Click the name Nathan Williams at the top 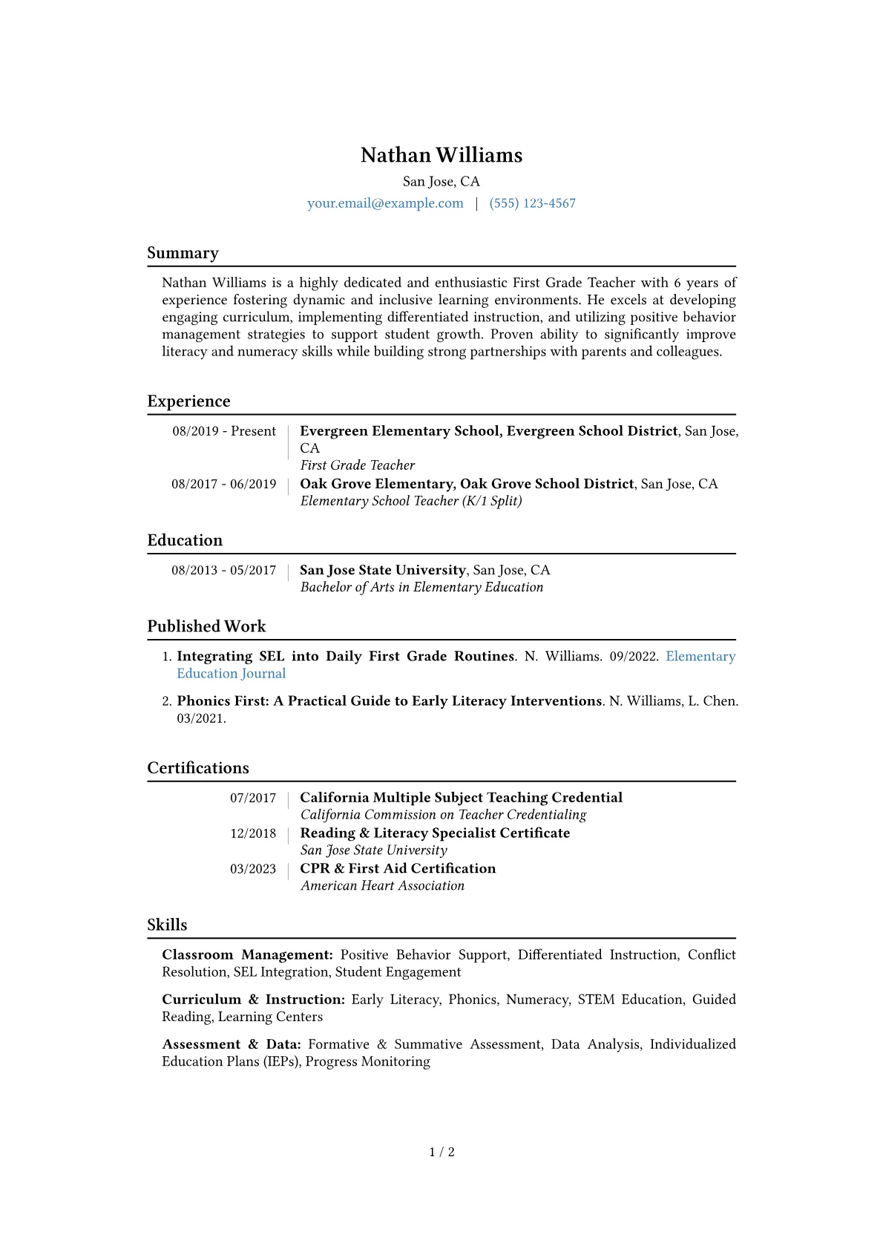coord(441,155)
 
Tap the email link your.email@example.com coord(385,203)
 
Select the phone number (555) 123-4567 coord(532,203)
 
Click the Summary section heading coord(183,253)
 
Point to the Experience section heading coord(188,401)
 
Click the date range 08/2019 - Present coord(224,431)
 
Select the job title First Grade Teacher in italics coord(357,465)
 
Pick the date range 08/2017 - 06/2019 coord(224,484)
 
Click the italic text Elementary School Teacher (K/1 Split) coord(411,501)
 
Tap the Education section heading coord(185,540)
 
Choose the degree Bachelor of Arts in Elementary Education coord(421,587)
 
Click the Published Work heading coord(206,626)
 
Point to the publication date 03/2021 coord(201,718)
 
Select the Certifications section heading coord(198,768)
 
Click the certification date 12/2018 coord(253,833)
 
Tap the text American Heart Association coord(382,885)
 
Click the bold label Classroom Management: coord(247,955)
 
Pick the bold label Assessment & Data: coord(232,1044)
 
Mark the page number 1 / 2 coord(441,1153)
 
